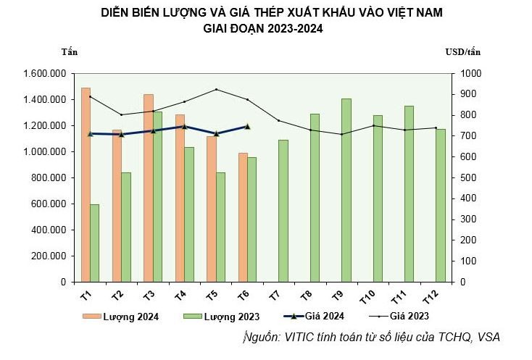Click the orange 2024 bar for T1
86,185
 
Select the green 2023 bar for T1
94,243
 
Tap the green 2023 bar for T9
346,190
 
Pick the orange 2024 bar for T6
242,217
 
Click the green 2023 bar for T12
440,205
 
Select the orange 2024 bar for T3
148,188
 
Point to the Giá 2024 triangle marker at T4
184,126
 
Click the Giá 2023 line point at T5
216,90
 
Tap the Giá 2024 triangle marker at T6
247,126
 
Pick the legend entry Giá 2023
410,316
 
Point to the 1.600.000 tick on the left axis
45,74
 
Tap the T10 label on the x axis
369,296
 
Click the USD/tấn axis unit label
462,51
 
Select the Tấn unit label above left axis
70,51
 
